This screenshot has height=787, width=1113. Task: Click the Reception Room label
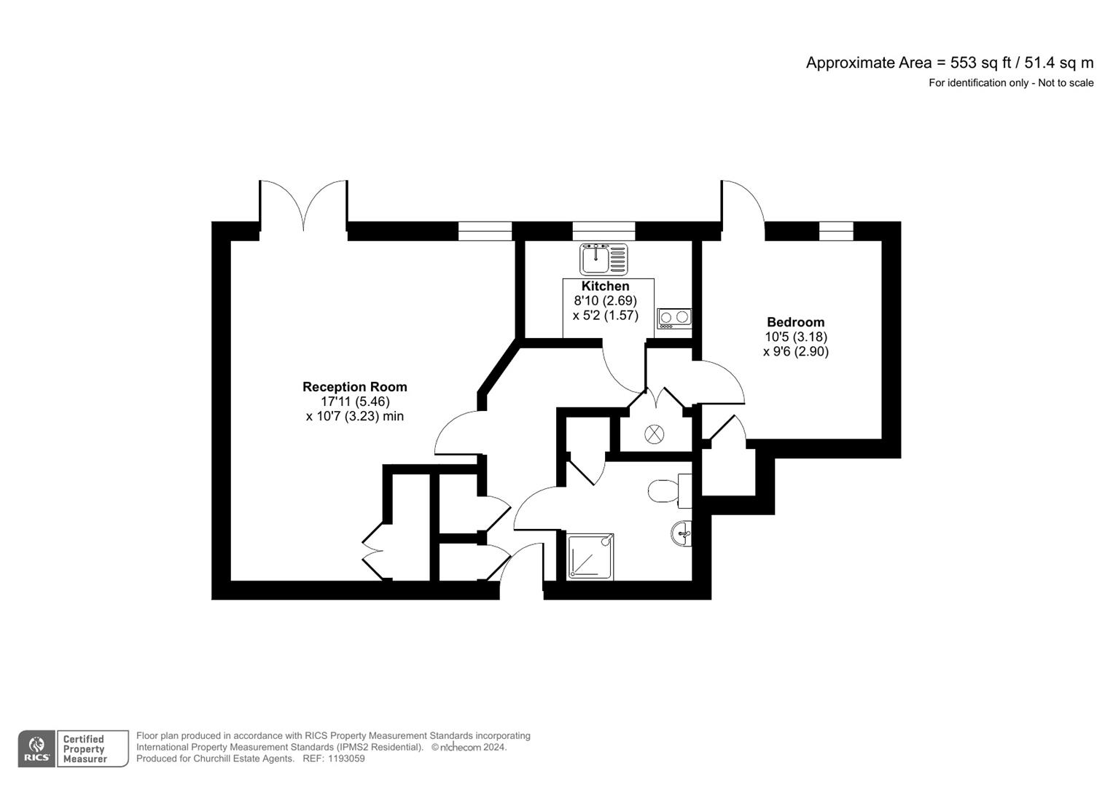[x=354, y=387]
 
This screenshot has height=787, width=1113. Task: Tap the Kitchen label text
[x=605, y=286]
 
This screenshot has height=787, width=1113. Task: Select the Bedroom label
[x=795, y=322]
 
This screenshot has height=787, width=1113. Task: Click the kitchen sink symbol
[x=603, y=259]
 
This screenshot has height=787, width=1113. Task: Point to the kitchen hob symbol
[x=674, y=318]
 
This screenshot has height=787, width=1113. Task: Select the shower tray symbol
[x=590, y=557]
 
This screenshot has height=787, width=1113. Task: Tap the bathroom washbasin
[x=682, y=533]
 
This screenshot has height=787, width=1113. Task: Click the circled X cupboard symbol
[x=655, y=434]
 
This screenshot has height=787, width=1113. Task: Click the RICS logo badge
[x=36, y=748]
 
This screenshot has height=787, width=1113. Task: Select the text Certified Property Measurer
[x=84, y=749]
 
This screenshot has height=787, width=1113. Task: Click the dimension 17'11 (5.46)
[x=355, y=402]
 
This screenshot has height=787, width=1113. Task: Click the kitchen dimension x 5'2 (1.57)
[x=605, y=316]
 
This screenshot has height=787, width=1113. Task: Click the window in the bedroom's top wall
[x=835, y=231]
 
